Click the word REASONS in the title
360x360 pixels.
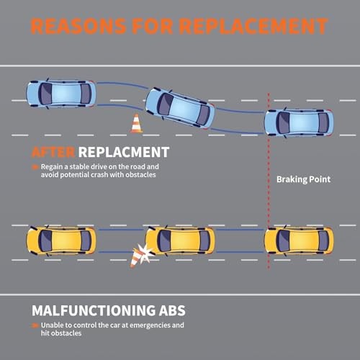tap(78, 26)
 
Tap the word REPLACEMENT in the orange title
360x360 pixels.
tap(253, 26)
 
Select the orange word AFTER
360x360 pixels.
tap(53, 152)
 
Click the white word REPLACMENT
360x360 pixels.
tap(124, 152)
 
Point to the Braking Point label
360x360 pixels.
tap(303, 179)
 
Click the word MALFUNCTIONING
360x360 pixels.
tap(94, 310)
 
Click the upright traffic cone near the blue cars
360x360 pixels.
tap(136, 123)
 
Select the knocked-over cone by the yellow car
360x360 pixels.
tap(135, 258)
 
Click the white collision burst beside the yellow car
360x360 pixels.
tap(145, 253)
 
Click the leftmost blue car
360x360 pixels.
tap(61, 94)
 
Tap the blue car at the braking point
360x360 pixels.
tap(299, 122)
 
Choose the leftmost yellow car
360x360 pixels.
tap(61, 240)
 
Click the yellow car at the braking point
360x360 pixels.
tap(299, 240)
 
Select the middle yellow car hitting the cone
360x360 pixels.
tap(180, 240)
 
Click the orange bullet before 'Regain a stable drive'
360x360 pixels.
tap(35, 167)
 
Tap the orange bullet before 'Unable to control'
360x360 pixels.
tap(35, 325)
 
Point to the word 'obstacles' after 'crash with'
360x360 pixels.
tap(140, 175)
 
